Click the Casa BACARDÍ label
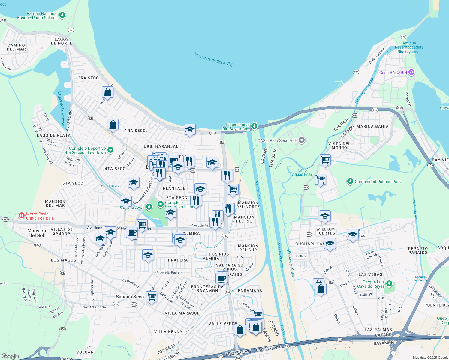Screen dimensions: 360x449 coord(393,73)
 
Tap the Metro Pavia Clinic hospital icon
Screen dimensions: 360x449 coord(22,215)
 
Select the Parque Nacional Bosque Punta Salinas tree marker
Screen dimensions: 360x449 coord(62,15)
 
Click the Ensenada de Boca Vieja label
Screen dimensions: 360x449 coord(214,59)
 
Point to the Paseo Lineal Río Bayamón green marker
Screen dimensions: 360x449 coord(254,126)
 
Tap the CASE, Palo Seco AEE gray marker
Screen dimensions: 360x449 coord(302,140)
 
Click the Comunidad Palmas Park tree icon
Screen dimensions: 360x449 coord(350,181)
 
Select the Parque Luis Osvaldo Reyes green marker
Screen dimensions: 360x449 coord(389,283)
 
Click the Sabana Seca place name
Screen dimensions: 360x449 coord(130,297)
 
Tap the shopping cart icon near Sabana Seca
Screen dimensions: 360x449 coord(152,297)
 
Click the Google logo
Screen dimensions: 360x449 coord(10,356)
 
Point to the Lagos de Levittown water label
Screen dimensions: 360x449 coord(61,109)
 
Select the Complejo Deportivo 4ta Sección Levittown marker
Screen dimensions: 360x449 coord(110,150)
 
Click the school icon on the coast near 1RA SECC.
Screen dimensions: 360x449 coord(190,129)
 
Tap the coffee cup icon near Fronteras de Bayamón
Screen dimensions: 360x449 coord(221,278)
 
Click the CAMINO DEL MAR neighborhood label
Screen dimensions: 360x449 coord(16,47)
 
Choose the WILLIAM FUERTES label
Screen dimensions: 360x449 coord(325,231)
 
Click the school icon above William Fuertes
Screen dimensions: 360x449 coord(325,216)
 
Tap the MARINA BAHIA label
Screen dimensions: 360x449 coord(372,126)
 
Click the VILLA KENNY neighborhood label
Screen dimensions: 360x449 coord(168,332)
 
